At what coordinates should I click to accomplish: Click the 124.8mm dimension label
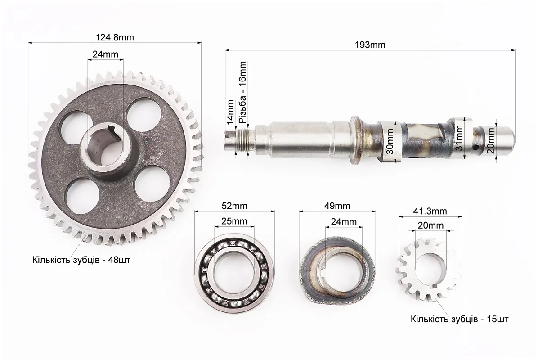click(x=115, y=37)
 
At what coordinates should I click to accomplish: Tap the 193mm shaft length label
click(x=370, y=45)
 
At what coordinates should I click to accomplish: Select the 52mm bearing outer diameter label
click(x=234, y=206)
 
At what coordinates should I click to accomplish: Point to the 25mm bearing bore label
click(x=234, y=221)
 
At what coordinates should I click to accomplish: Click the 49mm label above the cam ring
click(x=337, y=206)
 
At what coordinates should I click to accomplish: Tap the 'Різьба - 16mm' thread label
click(x=242, y=93)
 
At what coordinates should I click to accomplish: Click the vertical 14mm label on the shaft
click(x=230, y=112)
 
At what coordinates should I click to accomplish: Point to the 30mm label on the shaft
click(x=390, y=141)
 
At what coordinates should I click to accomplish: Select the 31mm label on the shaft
click(x=459, y=138)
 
